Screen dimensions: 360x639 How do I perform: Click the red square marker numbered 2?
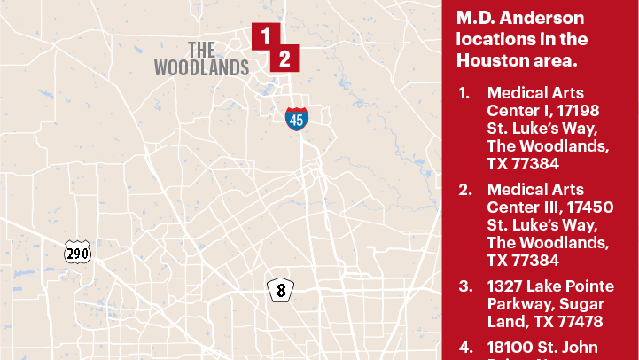tap(284, 59)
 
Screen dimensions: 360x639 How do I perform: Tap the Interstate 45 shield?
tap(297, 119)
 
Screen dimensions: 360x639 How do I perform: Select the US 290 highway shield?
tap(78, 254)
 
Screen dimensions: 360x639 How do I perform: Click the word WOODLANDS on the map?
tap(201, 67)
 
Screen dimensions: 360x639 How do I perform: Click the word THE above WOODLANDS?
tap(201, 49)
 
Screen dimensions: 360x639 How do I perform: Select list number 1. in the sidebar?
tap(464, 93)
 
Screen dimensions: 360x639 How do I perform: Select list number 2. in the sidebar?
tap(464, 190)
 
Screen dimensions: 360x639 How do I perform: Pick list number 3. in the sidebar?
tap(464, 286)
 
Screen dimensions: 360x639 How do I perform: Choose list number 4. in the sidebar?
tap(464, 348)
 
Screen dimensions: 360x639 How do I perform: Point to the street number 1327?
tap(508, 286)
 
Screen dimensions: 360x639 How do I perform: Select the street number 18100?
tap(512, 348)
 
